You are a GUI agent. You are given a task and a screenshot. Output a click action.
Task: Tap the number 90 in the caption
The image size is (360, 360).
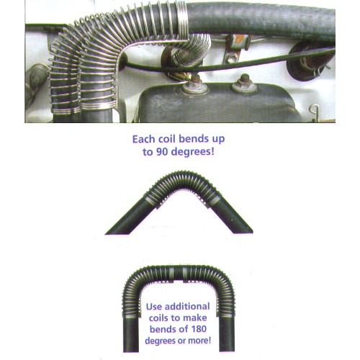[x=163, y=152]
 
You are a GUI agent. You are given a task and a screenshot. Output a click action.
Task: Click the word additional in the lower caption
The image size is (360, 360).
[x=187, y=307]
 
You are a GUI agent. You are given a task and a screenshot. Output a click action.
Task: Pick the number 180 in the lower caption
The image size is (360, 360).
[x=199, y=329]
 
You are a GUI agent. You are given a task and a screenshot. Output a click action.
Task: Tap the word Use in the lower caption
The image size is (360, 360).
[x=154, y=307]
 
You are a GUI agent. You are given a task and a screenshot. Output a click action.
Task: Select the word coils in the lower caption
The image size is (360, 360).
[x=158, y=318]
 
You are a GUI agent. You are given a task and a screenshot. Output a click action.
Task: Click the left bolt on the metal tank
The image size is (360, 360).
[x=195, y=84]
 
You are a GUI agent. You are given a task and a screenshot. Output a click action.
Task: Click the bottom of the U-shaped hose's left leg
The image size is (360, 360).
[x=131, y=351]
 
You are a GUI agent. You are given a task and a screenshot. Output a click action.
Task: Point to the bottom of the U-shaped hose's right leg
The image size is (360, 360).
[x=227, y=351]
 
